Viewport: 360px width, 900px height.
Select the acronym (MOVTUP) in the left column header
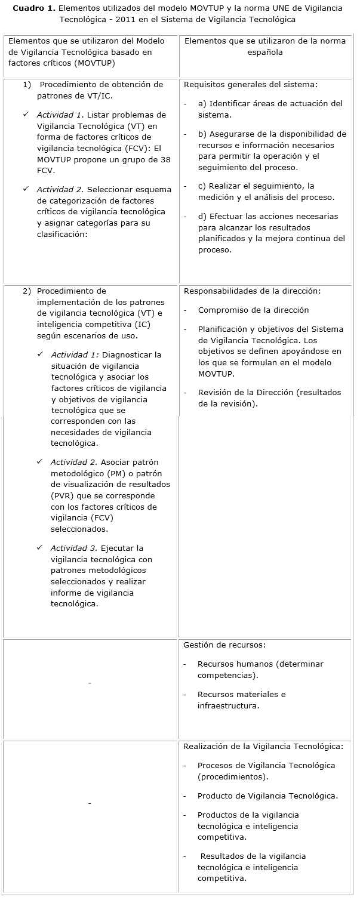tap(94, 63)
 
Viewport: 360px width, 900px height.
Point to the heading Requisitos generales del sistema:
tap(251, 85)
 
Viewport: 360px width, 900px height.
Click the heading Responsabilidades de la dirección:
tap(252, 291)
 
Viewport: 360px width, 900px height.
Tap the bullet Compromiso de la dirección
tap(253, 310)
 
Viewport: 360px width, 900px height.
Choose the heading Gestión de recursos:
tap(224, 645)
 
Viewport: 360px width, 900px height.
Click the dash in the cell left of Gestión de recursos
tap(90, 683)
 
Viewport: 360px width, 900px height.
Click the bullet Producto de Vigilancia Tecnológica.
tap(267, 796)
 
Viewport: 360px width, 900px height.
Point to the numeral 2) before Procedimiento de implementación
tap(27, 291)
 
